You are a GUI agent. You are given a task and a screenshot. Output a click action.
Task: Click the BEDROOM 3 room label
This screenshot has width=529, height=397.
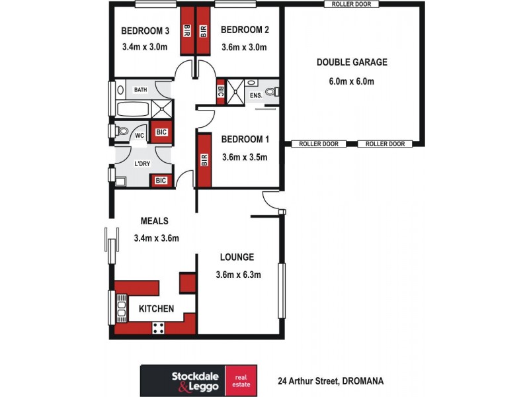145,30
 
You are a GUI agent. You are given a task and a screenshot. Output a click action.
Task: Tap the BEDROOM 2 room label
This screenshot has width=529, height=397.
244,30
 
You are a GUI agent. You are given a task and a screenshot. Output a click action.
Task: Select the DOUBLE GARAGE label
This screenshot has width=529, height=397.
352,63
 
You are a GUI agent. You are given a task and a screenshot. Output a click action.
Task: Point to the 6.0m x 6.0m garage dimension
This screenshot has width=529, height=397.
352,82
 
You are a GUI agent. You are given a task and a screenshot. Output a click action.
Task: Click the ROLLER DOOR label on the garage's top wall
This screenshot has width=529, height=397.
352,4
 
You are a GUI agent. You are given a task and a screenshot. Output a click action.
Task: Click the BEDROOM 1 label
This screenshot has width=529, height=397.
245,140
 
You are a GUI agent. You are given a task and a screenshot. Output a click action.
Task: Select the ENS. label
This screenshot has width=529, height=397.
256,97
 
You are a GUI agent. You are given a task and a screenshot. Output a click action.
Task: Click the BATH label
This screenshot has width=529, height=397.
141,90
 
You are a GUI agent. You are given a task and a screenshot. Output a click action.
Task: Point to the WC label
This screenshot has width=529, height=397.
140,136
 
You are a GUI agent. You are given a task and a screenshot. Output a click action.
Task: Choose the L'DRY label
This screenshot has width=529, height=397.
142,163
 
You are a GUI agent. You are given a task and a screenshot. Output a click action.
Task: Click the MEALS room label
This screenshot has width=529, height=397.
155,221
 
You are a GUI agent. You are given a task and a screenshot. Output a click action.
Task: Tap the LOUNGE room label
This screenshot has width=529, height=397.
237,257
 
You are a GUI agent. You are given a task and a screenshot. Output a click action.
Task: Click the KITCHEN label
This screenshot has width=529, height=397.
156,309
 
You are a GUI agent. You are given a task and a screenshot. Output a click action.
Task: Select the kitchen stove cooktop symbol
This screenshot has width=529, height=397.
159,326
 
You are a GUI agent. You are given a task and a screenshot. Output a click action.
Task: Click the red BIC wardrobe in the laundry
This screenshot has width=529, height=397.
161,180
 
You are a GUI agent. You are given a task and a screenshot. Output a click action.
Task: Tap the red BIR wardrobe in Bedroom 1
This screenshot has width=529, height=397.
204,160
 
